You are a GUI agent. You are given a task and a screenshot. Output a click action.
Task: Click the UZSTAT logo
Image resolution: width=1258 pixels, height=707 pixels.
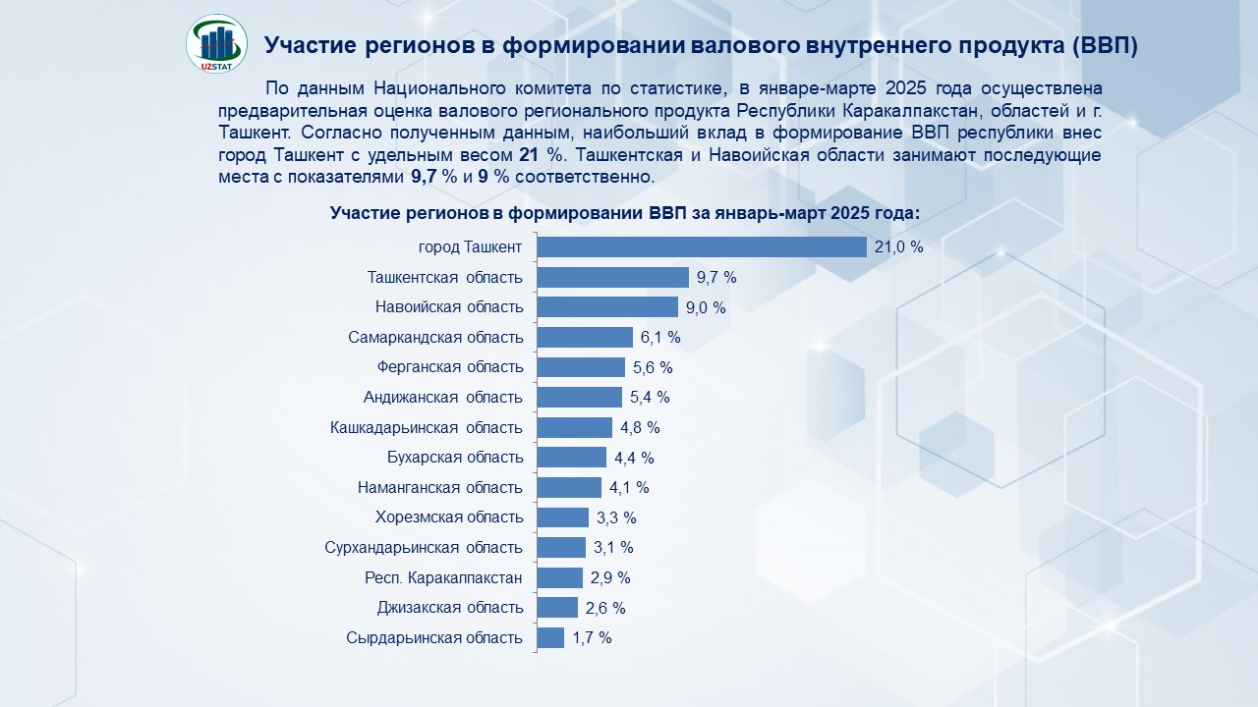point(216,43)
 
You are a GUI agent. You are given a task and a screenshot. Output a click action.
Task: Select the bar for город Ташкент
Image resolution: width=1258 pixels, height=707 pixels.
point(702,246)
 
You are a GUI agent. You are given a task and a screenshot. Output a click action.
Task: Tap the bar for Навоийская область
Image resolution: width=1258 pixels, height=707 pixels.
point(607,307)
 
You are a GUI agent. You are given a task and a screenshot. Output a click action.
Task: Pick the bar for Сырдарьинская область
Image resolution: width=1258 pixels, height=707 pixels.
point(551,638)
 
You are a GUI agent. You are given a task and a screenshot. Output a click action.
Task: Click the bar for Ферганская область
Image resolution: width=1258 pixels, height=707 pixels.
point(581,367)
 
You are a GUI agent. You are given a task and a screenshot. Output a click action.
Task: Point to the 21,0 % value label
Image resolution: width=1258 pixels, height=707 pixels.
point(898,247)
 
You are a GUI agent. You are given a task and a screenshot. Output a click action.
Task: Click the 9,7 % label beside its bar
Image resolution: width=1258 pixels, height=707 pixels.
point(716,278)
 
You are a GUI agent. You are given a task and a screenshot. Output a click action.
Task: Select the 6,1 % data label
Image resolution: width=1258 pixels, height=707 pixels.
point(660,338)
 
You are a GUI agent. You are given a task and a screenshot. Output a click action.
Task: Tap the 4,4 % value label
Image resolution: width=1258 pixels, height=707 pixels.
point(634,458)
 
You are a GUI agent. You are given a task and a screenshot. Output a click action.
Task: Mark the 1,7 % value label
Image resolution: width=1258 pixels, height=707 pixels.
point(592,638)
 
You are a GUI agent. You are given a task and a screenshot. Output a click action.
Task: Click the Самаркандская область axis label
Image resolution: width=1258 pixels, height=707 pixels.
point(435,338)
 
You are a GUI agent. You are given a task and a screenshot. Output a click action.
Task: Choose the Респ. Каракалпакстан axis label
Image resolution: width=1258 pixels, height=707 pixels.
point(443,577)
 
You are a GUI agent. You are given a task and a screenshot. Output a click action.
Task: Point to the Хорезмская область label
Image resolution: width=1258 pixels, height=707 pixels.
point(449,517)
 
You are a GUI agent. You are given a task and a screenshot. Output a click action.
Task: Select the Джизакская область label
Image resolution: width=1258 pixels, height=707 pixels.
point(450,608)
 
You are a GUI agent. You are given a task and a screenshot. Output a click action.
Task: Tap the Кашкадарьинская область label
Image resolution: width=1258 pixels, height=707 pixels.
point(427,427)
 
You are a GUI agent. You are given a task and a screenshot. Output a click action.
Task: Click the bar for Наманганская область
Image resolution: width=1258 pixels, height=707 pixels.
point(569,488)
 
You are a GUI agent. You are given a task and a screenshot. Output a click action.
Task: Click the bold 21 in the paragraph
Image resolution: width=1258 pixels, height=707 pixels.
point(526,155)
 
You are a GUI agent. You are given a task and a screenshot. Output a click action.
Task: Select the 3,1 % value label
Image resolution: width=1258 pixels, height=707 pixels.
point(613,548)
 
